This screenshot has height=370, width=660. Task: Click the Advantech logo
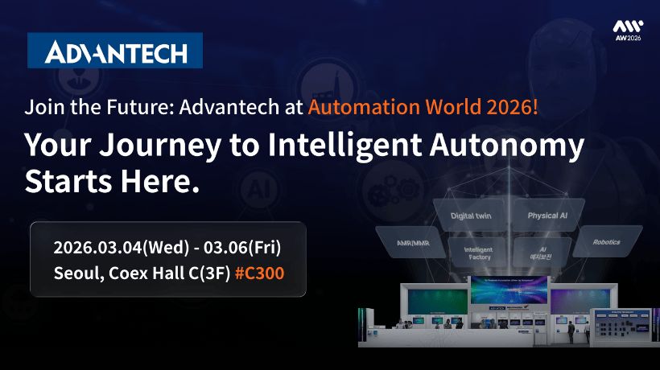(x=115, y=51)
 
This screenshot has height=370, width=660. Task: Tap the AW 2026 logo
(x=628, y=31)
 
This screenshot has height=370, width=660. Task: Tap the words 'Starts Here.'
(x=112, y=180)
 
